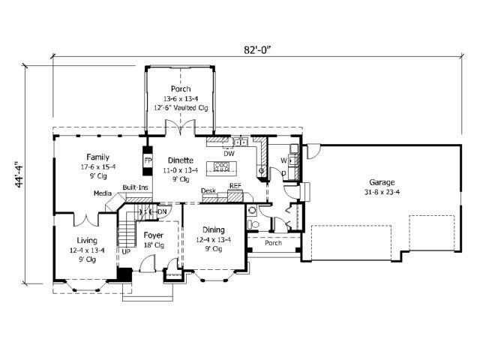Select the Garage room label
pos(382,182)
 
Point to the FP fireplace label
pos(148,160)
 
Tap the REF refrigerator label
pos(235,186)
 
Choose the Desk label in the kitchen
pos(208,190)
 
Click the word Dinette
pos(181,160)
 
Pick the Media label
pos(102,193)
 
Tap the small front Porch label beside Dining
pos(273,243)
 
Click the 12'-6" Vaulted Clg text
pos(180,107)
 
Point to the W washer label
pos(284,160)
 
